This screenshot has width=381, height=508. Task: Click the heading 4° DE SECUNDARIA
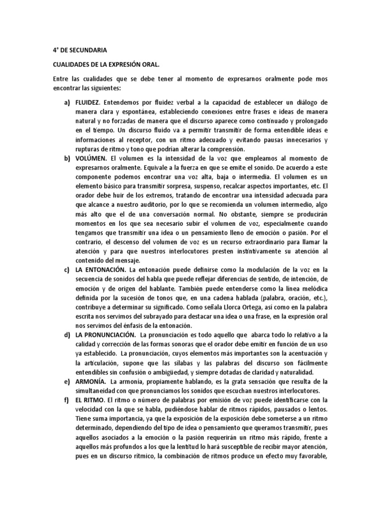coord(79,50)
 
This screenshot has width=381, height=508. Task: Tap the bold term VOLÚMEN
coord(89,158)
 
